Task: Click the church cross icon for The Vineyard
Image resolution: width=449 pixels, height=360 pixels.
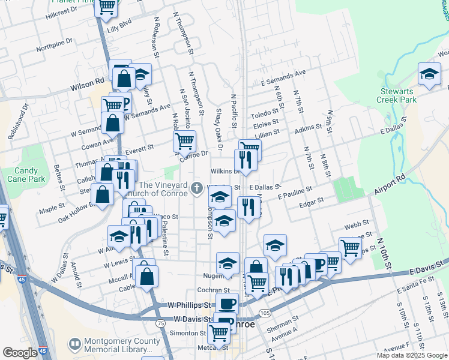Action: click(196, 189)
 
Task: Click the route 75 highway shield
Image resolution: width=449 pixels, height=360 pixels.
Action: click(160, 323)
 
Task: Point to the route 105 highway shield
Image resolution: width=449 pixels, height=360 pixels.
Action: click(265, 313)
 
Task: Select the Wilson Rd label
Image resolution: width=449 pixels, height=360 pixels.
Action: click(88, 86)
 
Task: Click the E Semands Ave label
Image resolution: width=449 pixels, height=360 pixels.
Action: click(283, 77)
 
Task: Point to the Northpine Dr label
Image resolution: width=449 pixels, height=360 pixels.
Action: click(54, 44)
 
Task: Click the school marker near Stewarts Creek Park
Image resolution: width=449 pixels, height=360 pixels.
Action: click(429, 74)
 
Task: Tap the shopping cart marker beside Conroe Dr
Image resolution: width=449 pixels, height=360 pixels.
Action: click(184, 142)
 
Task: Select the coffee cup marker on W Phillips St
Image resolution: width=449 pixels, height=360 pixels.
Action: click(226, 304)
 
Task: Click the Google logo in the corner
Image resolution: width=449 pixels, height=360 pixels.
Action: click(20, 353)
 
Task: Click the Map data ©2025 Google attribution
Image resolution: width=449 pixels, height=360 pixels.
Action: click(412, 355)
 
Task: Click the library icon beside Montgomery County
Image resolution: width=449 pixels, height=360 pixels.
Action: click(75, 345)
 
